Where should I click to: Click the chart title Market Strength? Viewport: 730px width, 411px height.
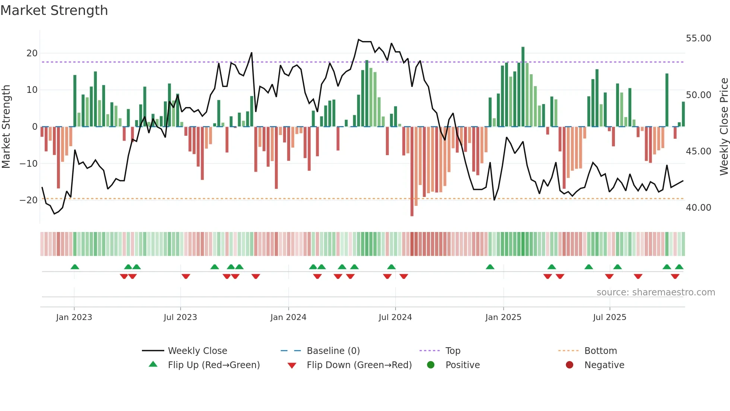[54, 10]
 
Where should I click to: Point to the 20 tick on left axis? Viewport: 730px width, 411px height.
[32, 53]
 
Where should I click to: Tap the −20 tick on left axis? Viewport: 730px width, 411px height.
[29, 200]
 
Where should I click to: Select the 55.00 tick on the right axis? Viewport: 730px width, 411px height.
[698, 38]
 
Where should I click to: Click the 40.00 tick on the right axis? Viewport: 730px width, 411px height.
[698, 208]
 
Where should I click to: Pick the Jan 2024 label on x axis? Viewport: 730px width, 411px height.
[288, 317]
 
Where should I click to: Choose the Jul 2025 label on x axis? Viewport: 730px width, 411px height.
[609, 317]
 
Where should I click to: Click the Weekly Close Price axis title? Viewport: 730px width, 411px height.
[724, 126]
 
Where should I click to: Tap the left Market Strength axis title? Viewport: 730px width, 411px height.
[6, 126]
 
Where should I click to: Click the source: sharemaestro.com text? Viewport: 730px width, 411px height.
[656, 292]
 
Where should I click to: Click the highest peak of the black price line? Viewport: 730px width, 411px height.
[359, 40]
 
